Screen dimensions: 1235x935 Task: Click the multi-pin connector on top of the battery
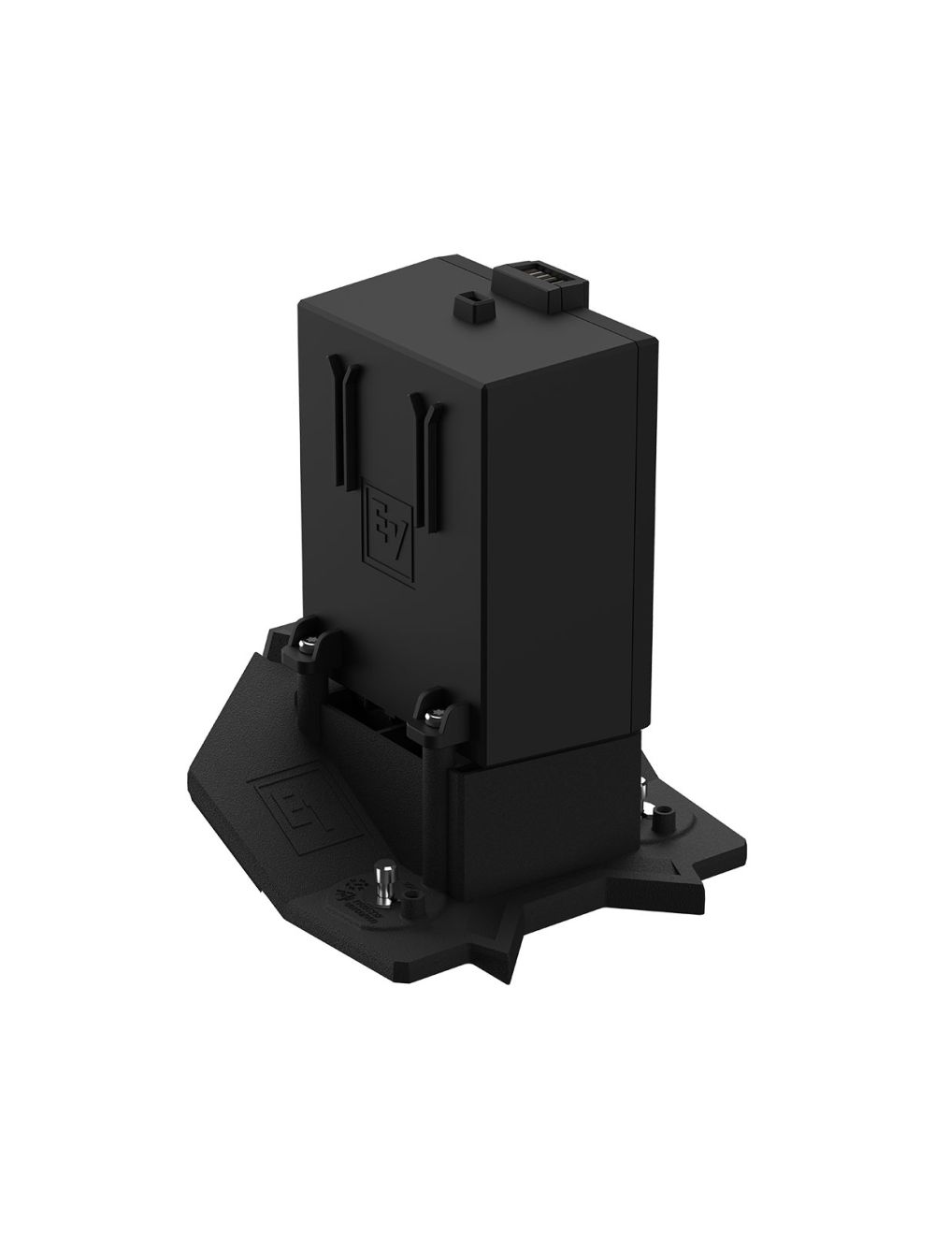point(545,281)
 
